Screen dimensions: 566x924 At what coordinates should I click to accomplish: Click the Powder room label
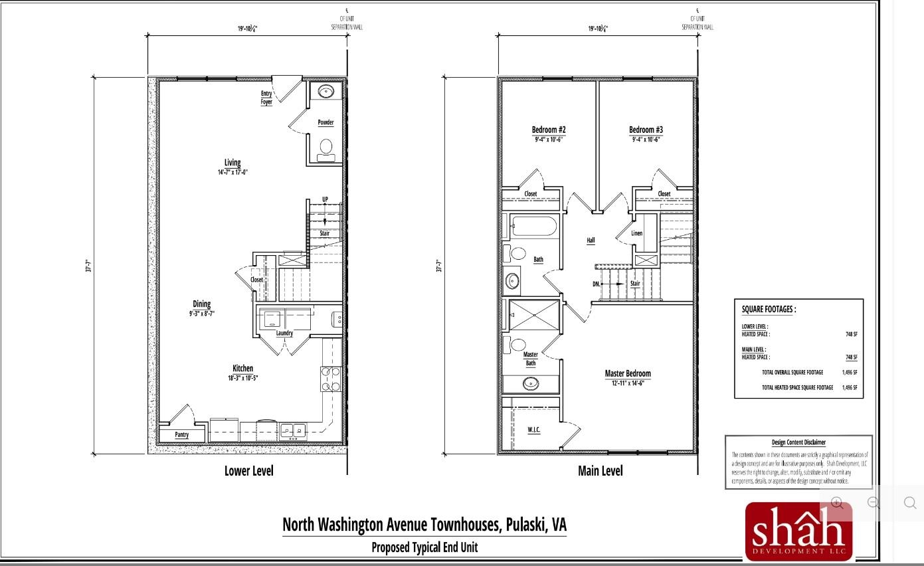[x=325, y=123]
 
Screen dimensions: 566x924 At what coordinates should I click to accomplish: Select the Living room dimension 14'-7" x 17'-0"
[x=232, y=172]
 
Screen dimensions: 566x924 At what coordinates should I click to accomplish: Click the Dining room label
[x=201, y=304]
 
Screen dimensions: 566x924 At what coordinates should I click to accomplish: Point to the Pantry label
[x=181, y=435]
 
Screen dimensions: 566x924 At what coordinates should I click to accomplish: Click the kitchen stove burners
[x=331, y=379]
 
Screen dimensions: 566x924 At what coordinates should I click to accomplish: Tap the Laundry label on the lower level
[x=284, y=333]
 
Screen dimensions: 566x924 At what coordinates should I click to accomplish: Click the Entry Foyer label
[x=266, y=98]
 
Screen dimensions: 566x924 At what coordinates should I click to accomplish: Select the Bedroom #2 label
[x=549, y=130]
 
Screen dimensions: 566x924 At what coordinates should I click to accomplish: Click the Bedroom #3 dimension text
[x=646, y=140]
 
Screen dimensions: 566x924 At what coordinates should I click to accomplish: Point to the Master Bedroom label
[x=628, y=373]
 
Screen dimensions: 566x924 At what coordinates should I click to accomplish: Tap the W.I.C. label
[x=534, y=430]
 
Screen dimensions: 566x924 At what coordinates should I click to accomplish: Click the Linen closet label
[x=637, y=234]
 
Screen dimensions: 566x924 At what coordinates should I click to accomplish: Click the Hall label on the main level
[x=591, y=240]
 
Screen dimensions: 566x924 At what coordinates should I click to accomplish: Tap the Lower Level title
[x=248, y=471]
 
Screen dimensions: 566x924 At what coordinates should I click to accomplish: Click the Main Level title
[x=601, y=471]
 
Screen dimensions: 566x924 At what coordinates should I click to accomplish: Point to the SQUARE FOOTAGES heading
[x=769, y=309]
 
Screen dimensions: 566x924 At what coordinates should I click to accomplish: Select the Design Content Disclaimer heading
[x=798, y=442]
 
